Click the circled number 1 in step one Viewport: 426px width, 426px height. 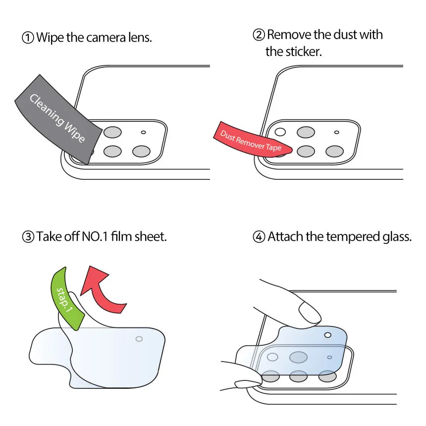click(x=29, y=38)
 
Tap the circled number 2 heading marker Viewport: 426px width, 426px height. click(x=259, y=35)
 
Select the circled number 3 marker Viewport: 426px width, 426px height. click(x=28, y=237)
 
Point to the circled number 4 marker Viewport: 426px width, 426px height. click(x=259, y=237)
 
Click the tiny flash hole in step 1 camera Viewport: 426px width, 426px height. click(x=144, y=133)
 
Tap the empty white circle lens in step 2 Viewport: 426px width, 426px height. click(x=280, y=132)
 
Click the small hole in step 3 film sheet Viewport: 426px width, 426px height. click(x=139, y=339)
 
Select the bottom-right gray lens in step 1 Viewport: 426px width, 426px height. click(x=141, y=152)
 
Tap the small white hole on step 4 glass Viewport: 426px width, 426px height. click(x=327, y=335)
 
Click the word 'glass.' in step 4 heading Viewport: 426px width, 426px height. click(x=396, y=237)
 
